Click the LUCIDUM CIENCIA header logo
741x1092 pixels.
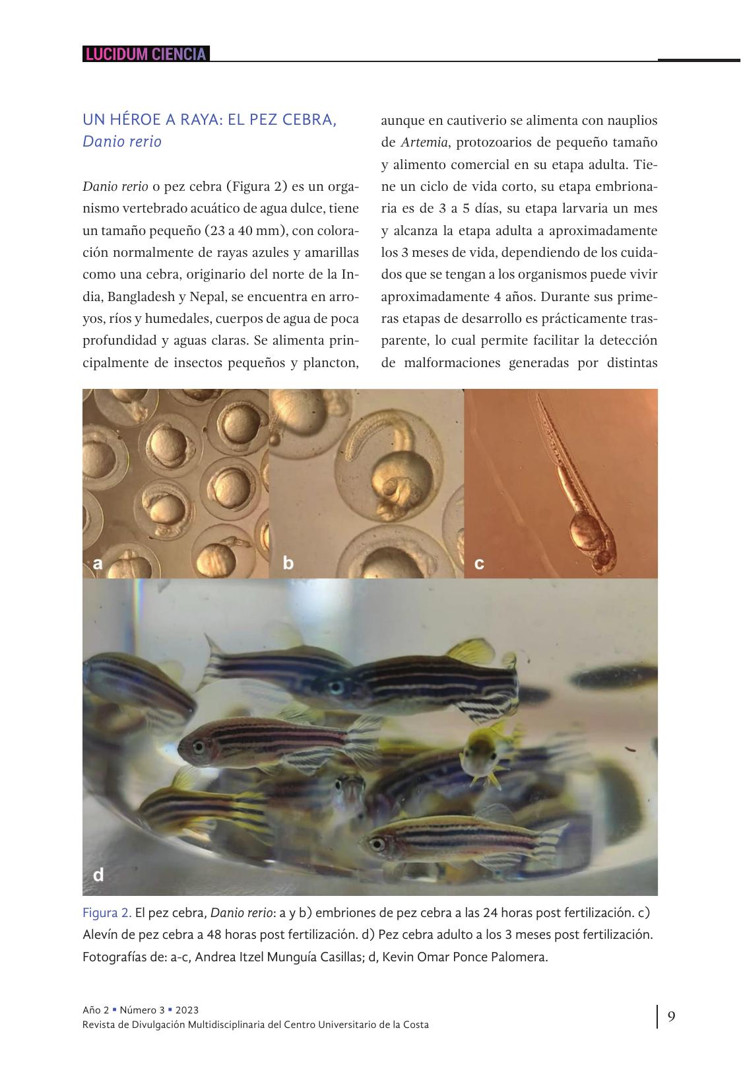146,54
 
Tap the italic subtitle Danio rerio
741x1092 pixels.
122,141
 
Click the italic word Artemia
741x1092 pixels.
424,143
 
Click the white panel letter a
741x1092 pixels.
98,563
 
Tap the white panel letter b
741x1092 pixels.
288,563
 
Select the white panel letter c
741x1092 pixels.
479,564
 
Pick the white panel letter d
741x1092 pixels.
98,875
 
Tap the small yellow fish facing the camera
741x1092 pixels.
480,753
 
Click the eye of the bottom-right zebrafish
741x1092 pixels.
377,843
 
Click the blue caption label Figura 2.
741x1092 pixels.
107,913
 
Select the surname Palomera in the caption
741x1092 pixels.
519,957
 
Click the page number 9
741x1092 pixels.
671,1016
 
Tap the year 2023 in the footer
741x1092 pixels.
187,1010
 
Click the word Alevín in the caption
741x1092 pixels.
101,935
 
